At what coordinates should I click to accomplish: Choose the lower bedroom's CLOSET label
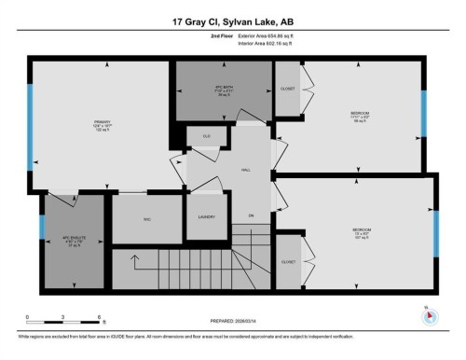(288, 262)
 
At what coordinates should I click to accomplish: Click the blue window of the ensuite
(42, 228)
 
